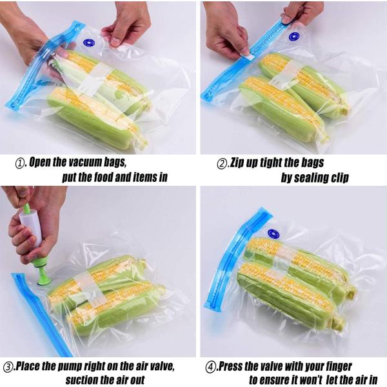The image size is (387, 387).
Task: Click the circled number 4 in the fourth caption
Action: point(210,367)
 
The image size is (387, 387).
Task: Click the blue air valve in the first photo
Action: point(89,44)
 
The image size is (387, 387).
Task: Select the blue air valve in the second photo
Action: point(294,37)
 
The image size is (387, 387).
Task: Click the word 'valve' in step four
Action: point(275,367)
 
